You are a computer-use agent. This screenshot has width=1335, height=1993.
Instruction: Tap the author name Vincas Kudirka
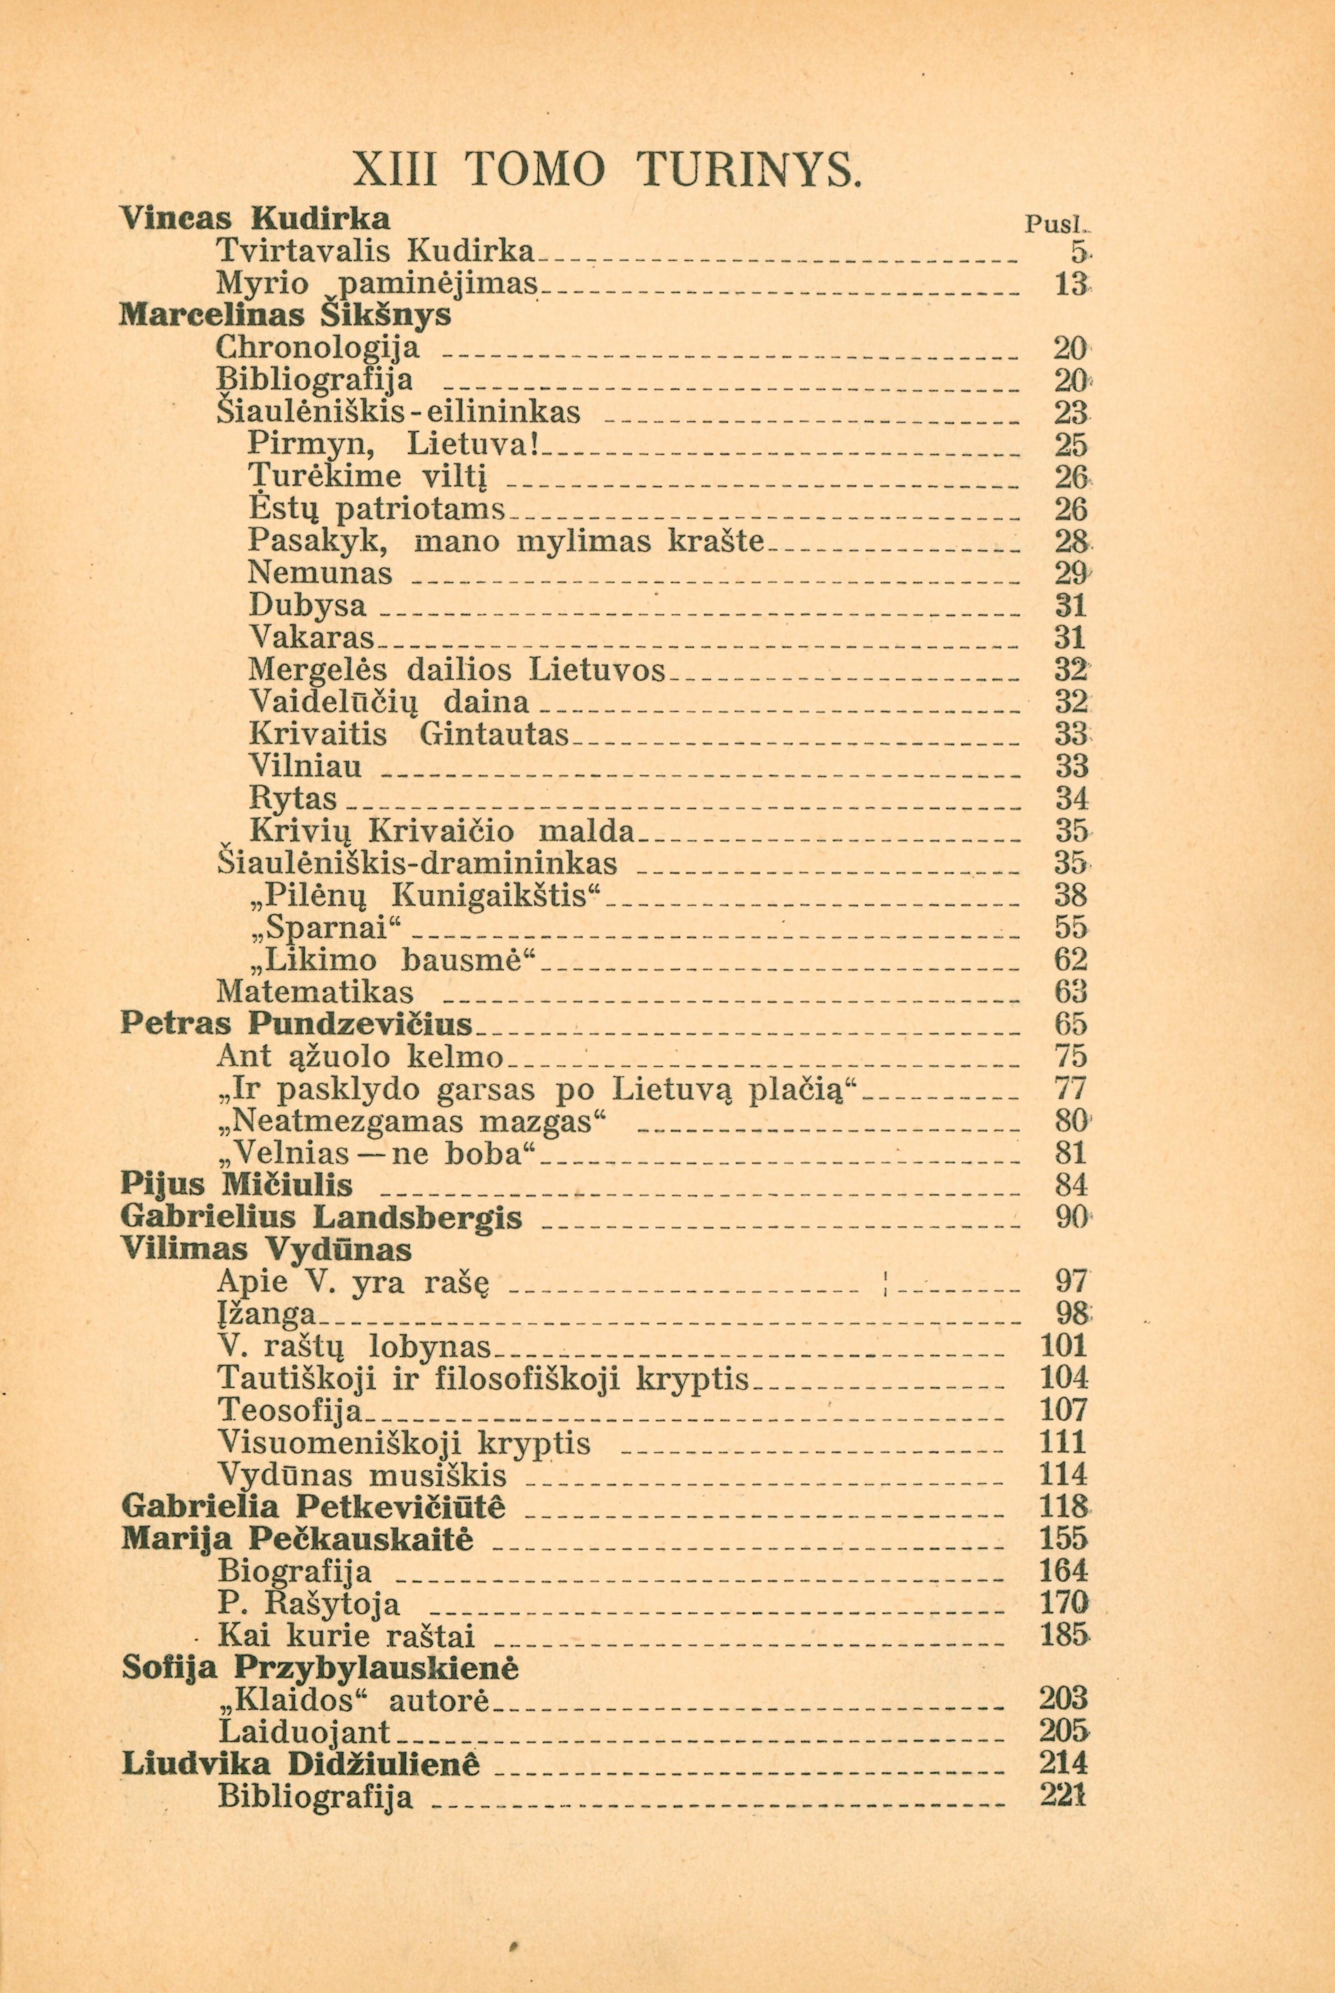pos(256,219)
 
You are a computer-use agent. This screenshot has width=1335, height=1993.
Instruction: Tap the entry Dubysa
pos(309,606)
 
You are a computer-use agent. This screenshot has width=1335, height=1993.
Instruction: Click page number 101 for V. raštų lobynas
pos(1064,1346)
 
